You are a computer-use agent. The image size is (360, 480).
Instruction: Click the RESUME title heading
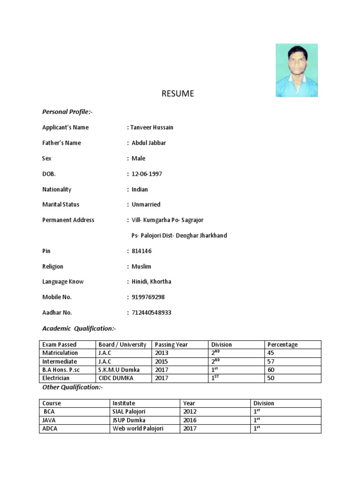click(x=177, y=94)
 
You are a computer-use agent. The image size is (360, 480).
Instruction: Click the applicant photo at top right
click(x=296, y=70)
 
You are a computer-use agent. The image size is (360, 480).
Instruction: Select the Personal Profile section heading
click(x=70, y=112)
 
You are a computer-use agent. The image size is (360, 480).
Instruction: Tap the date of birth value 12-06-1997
click(x=147, y=174)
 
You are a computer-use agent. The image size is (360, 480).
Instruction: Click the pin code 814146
click(x=142, y=251)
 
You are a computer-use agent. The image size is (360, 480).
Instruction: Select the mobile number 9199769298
click(x=148, y=297)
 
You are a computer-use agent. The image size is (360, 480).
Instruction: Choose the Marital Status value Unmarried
click(x=146, y=204)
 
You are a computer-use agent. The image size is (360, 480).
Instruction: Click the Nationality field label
click(x=57, y=189)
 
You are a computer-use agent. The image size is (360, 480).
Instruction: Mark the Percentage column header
click(x=282, y=345)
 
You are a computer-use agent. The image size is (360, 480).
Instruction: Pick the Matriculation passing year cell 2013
click(x=161, y=353)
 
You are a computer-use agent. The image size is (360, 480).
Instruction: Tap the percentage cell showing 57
click(x=271, y=361)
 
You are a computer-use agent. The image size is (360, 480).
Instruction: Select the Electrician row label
click(x=56, y=378)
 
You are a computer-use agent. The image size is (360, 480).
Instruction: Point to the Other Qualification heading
click(x=72, y=388)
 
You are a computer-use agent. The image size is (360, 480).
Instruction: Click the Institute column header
click(x=124, y=403)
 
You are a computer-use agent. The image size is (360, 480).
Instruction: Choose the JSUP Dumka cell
click(x=129, y=420)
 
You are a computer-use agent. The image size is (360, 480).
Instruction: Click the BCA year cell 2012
click(x=190, y=412)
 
